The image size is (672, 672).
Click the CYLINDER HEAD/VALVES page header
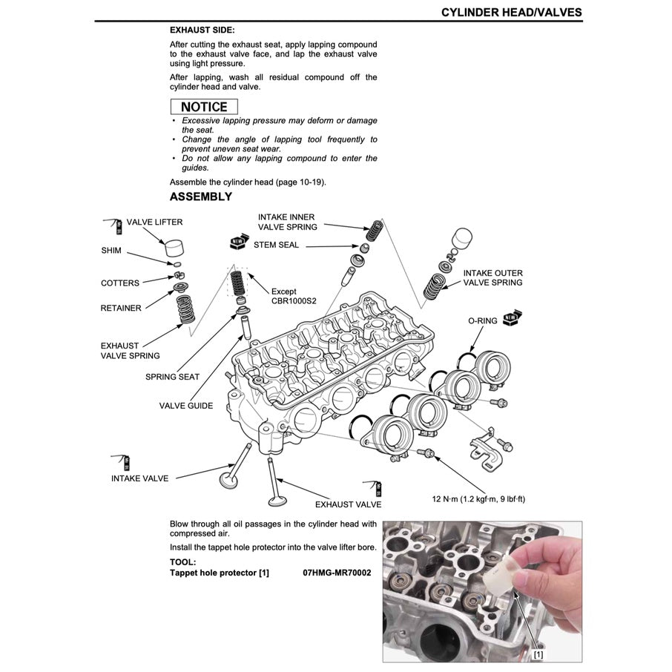[511, 12]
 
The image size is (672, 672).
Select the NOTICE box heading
[204, 107]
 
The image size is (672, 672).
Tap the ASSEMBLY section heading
[200, 197]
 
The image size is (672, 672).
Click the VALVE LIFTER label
[154, 222]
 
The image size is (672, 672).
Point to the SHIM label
[111, 251]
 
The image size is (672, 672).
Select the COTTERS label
[120, 283]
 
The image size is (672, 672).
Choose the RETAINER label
[121, 308]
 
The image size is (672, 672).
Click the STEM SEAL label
[276, 244]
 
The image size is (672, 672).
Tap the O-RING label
[482, 320]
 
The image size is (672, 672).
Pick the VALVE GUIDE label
[186, 406]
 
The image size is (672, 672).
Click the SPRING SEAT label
[172, 377]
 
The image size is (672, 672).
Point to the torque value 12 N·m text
[478, 498]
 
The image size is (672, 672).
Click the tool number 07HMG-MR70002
[337, 573]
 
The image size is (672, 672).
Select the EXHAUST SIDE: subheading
[202, 30]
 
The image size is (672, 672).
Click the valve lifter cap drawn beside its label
[174, 246]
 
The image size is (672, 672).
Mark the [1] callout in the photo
[538, 654]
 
